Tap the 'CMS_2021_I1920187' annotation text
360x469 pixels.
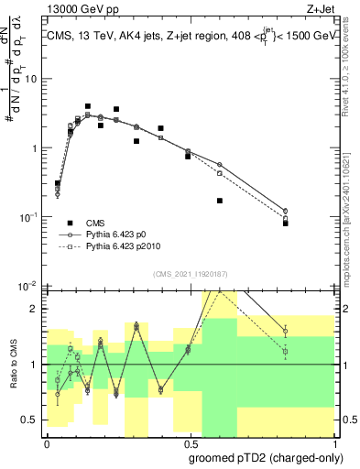pyautogui.click(x=189, y=273)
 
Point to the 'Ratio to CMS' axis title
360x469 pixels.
pyautogui.click(x=13, y=364)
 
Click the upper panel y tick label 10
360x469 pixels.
pyautogui.click(x=33, y=79)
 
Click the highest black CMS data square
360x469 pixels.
pyautogui.click(x=88, y=106)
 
